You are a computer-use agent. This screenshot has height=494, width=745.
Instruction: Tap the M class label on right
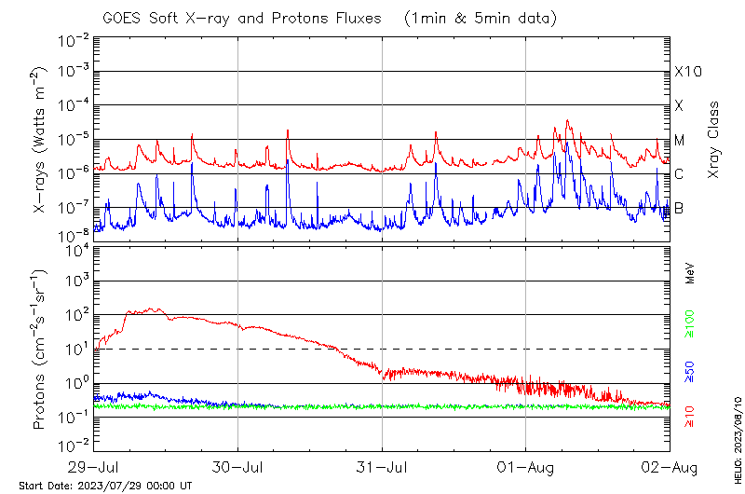coord(680,140)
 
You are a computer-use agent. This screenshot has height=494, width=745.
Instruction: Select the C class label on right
coord(680,174)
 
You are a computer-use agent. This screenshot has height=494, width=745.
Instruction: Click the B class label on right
coord(680,208)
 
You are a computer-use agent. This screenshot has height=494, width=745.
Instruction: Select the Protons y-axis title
coord(40,349)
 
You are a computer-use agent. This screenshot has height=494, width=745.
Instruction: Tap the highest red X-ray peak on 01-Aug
coord(567,120)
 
